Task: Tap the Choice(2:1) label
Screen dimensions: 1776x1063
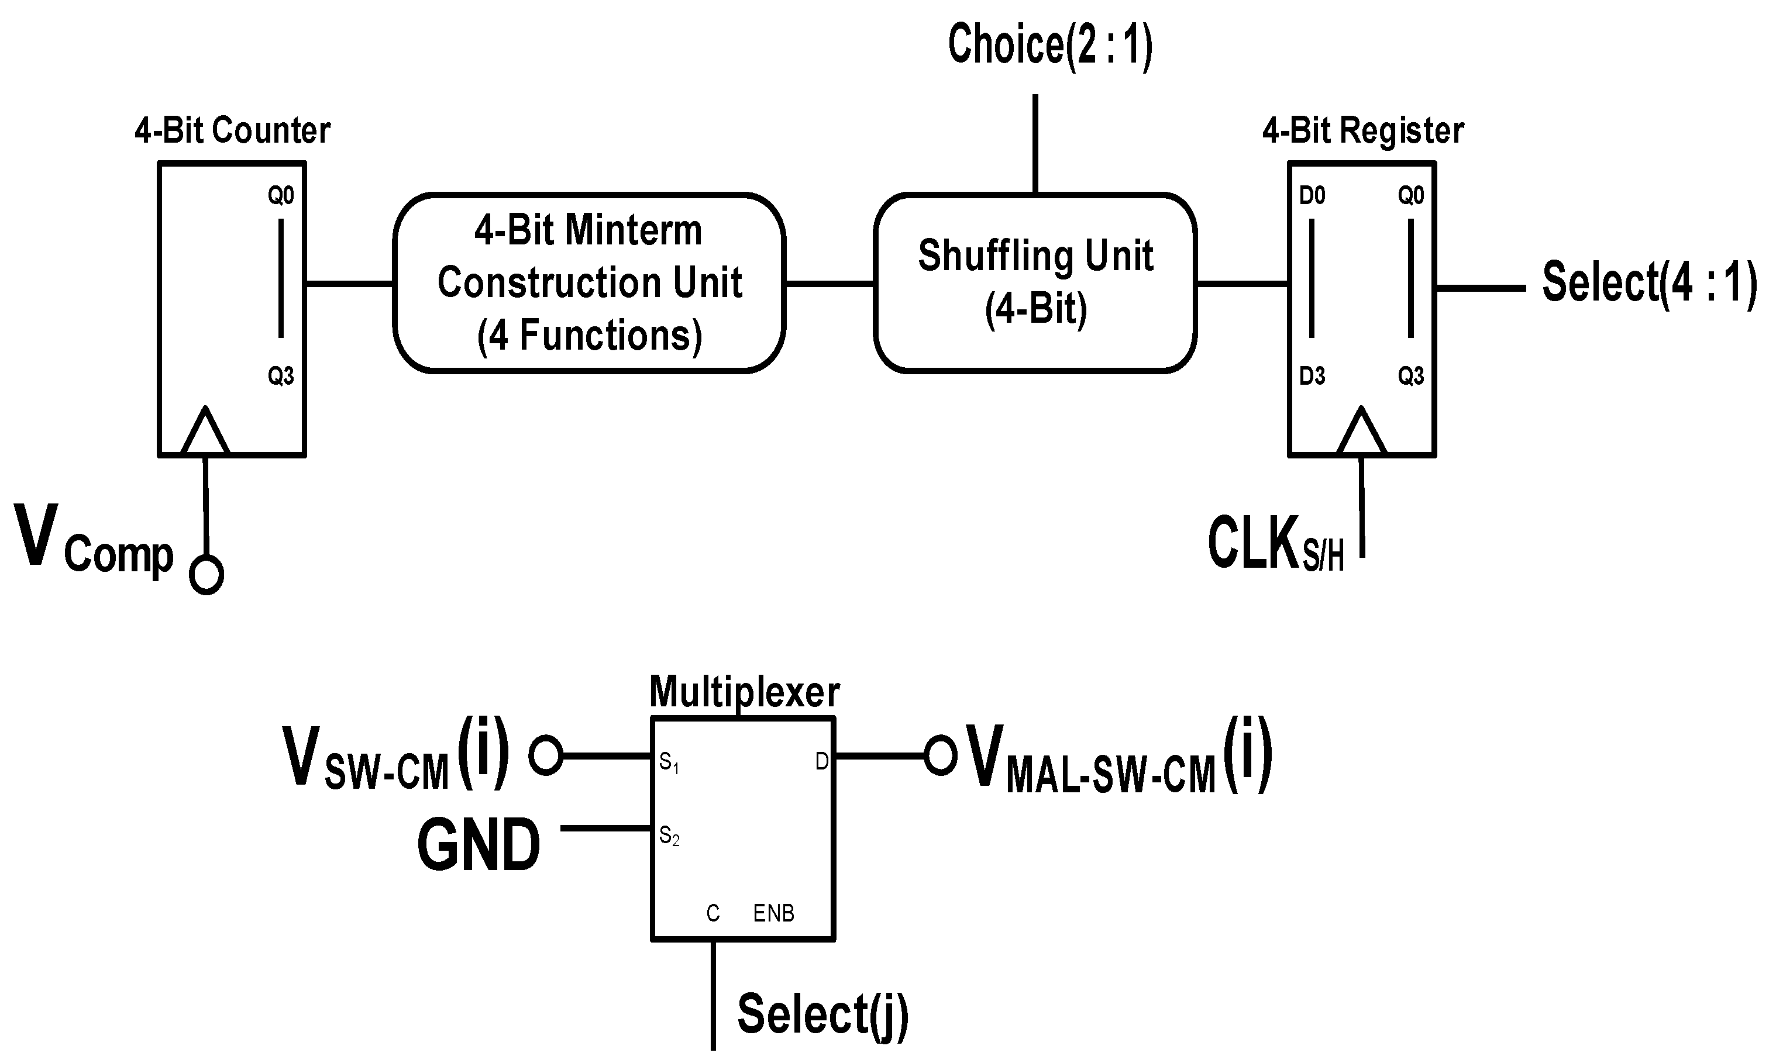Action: click(1050, 44)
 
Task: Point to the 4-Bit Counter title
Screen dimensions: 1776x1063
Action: click(232, 131)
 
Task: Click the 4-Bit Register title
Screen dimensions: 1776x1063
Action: click(1362, 131)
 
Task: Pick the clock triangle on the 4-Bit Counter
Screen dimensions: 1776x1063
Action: click(205, 430)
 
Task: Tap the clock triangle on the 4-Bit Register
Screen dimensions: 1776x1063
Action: click(1361, 430)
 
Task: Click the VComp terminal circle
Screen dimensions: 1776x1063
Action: click(206, 575)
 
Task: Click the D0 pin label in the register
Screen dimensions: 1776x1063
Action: click(1313, 195)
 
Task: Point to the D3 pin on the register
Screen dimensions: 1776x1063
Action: click(1313, 376)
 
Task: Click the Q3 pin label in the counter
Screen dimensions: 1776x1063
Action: click(281, 376)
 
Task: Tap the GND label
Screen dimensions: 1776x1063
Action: click(479, 845)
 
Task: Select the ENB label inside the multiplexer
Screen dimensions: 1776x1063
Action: click(774, 913)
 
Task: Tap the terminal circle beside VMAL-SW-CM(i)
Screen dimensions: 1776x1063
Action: click(940, 755)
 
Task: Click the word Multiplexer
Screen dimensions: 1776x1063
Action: click(744, 692)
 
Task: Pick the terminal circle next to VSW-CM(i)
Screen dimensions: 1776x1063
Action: click(546, 755)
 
